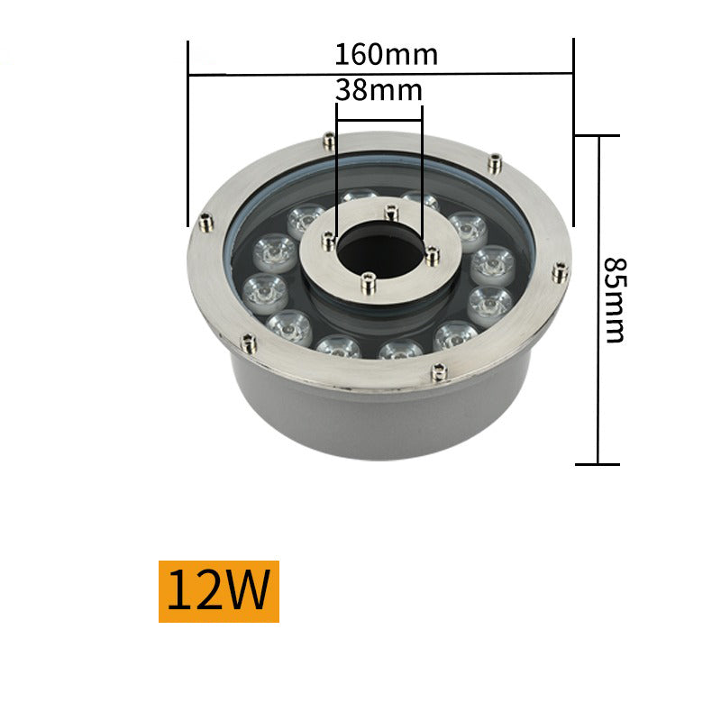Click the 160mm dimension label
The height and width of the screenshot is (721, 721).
[386, 54]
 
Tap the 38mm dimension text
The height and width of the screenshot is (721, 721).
[378, 90]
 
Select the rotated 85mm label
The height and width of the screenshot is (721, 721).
[614, 300]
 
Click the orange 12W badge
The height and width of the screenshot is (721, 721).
[219, 591]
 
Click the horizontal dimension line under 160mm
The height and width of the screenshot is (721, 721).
[270, 74]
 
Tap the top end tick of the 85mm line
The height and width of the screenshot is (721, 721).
[598, 136]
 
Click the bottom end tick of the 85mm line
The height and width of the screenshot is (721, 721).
[598, 464]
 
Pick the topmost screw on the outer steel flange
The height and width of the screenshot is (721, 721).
[329, 141]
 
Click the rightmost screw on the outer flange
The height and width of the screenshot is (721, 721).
[560, 271]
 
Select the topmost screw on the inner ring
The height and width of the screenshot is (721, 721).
[389, 213]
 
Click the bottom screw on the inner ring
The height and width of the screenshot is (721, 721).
[366, 284]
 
